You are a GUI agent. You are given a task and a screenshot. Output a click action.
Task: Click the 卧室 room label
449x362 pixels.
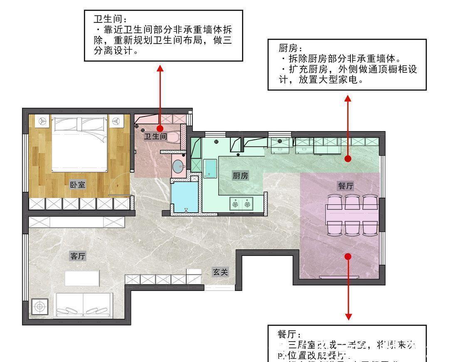tap(78, 185)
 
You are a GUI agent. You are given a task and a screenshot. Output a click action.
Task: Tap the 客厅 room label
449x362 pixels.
tap(78, 256)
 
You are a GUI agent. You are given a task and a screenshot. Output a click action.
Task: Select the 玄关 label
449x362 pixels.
tap(220, 272)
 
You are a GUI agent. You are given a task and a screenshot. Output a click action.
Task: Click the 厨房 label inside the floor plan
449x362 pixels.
tap(240, 176)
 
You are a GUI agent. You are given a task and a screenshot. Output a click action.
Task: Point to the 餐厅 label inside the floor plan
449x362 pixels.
tap(345, 186)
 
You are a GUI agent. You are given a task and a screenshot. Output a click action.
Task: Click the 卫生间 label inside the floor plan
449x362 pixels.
tap(155, 136)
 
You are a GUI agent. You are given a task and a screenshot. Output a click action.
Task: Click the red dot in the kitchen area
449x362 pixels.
tap(348, 159)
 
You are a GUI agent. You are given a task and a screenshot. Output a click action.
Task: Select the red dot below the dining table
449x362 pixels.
tap(348, 256)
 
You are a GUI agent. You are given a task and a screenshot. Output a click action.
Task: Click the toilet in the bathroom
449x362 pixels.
tap(175, 137)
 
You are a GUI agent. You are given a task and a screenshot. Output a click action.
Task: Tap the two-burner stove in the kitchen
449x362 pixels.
tap(242, 203)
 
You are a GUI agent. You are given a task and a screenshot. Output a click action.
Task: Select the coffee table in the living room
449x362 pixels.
tap(82, 278)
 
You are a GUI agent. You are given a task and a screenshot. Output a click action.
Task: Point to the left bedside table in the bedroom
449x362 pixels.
tap(42, 121)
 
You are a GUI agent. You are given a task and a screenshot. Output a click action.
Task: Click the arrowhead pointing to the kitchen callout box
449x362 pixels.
tap(348, 98)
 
